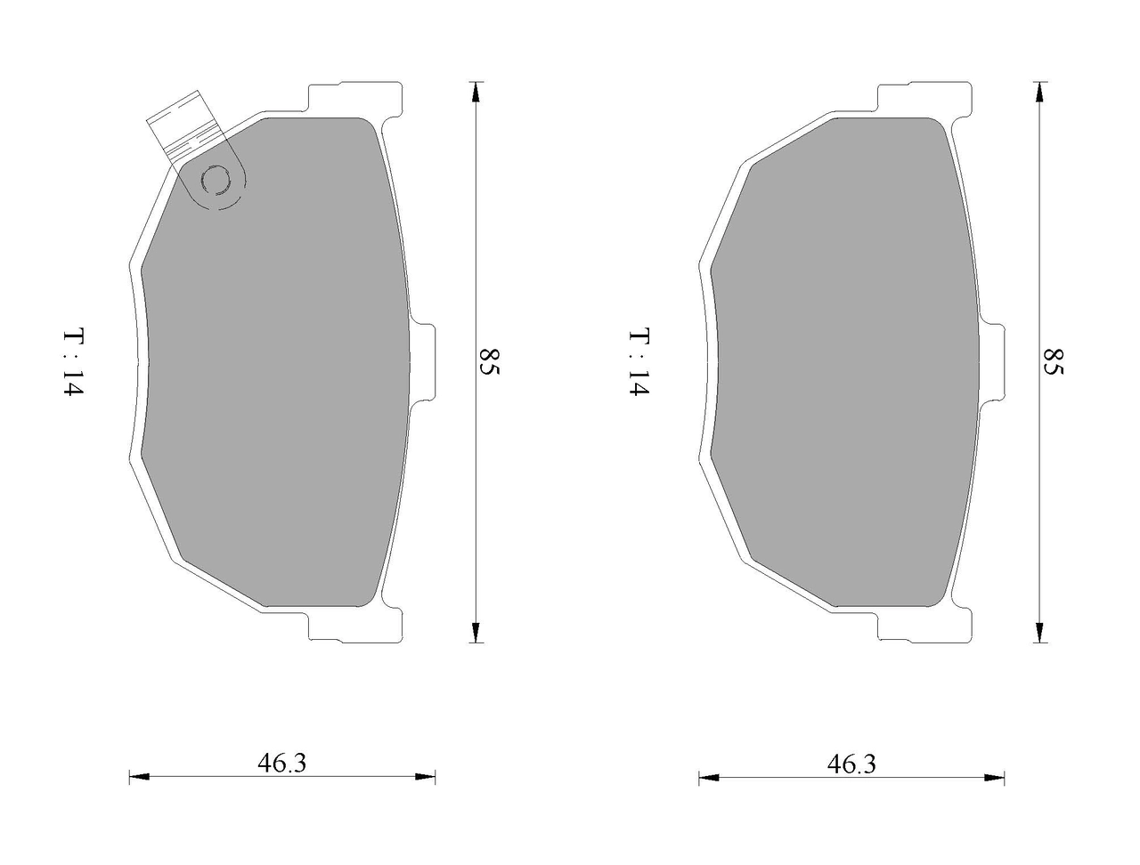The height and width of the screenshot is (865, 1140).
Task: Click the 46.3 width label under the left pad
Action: (281, 763)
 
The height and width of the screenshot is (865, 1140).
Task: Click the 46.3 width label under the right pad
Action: (851, 764)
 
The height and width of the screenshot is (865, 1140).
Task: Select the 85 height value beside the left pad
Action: (489, 362)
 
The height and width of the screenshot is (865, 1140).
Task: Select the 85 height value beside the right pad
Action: (1054, 362)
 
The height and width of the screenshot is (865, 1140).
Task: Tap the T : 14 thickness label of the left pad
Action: (73, 362)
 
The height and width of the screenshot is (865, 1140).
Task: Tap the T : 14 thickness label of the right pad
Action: (639, 362)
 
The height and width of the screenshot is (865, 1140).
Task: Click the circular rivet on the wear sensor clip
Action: (216, 181)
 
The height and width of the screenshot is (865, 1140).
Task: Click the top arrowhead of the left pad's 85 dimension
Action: (475, 93)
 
